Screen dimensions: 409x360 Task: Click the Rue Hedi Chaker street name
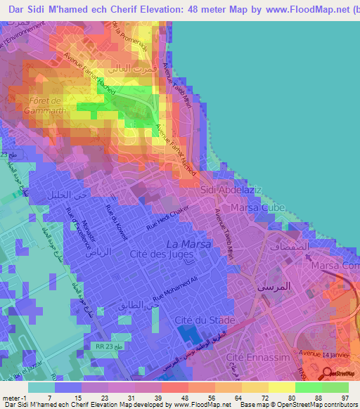[x=168, y=218]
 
